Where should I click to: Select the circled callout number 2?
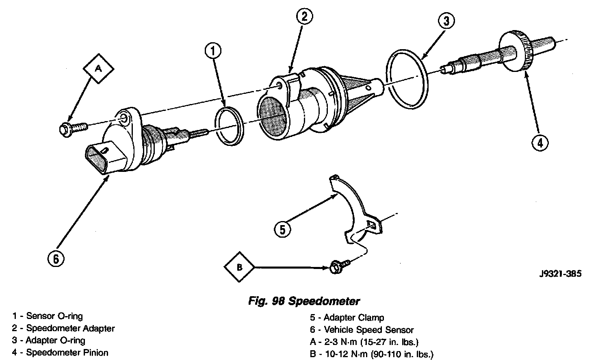[305, 17]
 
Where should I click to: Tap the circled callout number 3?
[446, 22]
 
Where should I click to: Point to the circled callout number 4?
[540, 143]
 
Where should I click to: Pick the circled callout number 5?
[283, 230]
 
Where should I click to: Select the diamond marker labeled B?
[239, 267]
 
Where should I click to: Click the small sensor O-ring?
[229, 126]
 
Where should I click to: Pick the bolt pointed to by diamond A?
[71, 128]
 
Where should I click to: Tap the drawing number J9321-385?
[560, 273]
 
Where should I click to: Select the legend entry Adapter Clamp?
[353, 318]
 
